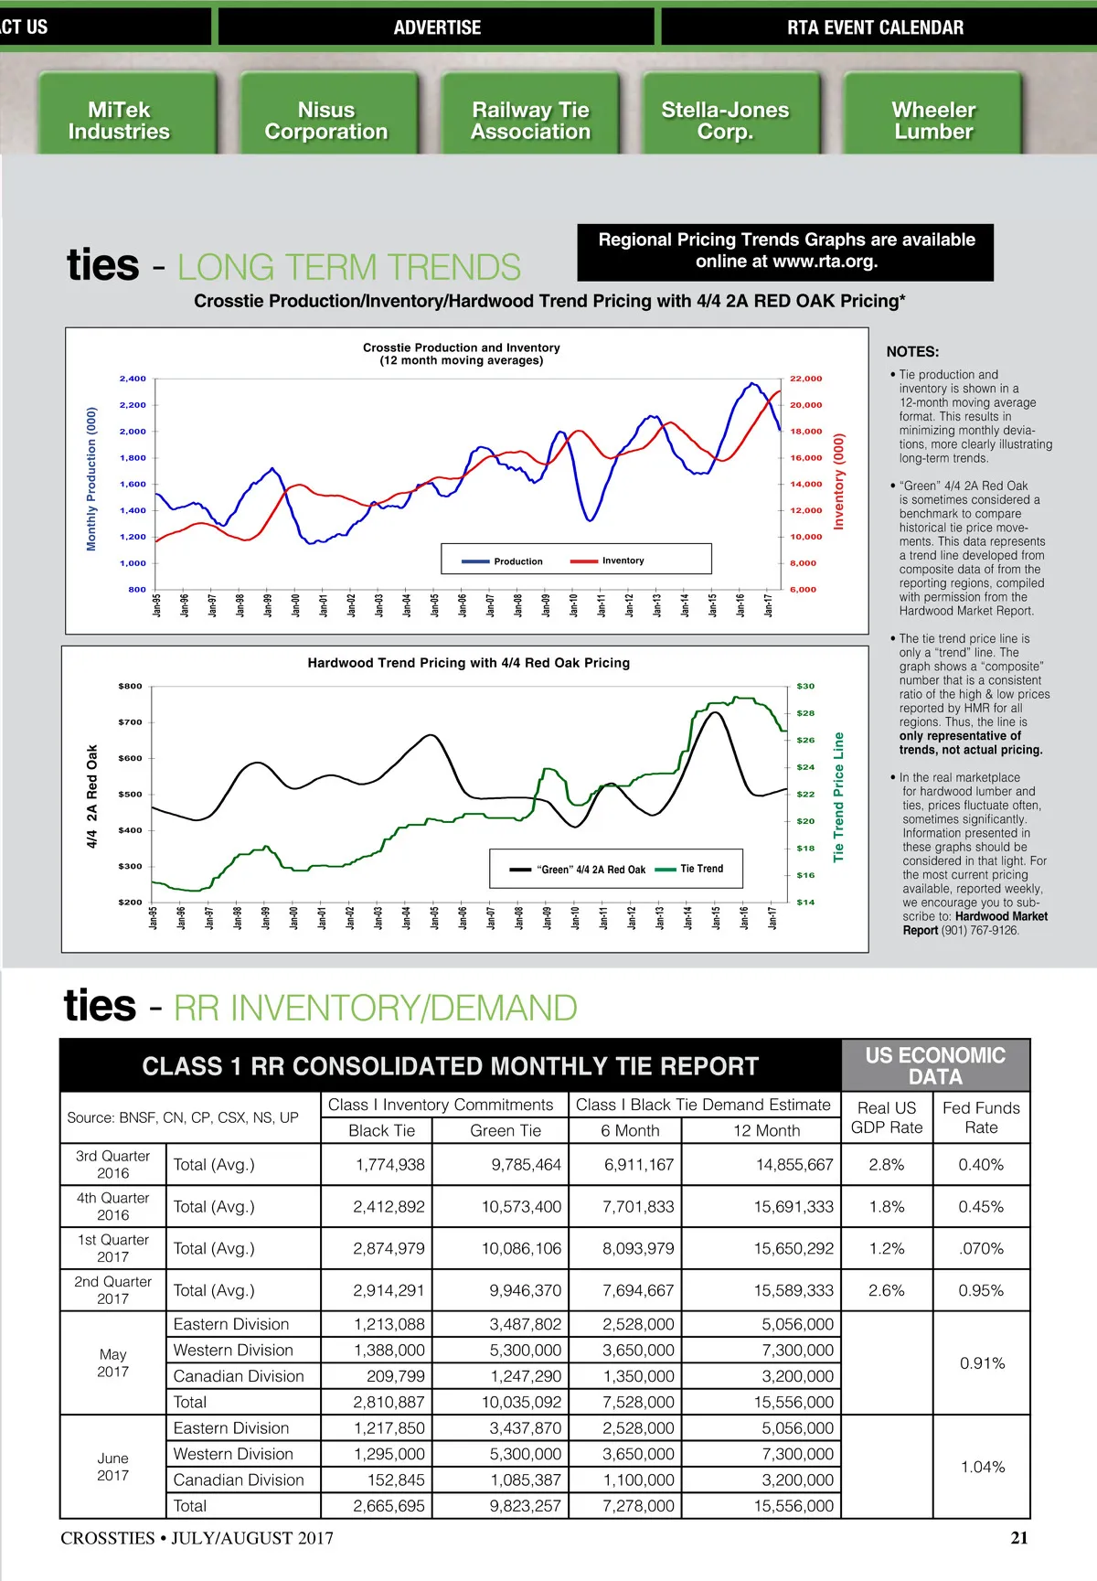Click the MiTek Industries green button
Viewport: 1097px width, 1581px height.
click(x=120, y=121)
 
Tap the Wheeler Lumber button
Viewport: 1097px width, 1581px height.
click(x=933, y=121)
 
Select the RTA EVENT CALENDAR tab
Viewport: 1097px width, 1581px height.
click(x=875, y=27)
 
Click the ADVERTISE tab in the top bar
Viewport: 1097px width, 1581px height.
click(x=437, y=27)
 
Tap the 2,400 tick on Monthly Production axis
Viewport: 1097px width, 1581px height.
click(x=133, y=379)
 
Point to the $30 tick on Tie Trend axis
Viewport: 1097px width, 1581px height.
click(x=805, y=686)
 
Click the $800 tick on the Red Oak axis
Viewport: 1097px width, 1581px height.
click(x=130, y=686)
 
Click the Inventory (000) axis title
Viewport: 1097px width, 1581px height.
click(x=838, y=482)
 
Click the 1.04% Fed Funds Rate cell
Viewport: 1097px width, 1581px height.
click(x=982, y=1467)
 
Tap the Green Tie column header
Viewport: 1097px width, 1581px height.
click(x=506, y=1131)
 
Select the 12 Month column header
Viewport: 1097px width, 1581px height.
click(x=766, y=1131)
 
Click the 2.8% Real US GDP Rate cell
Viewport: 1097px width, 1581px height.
click(x=887, y=1165)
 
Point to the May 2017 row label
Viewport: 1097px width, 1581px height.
click(x=113, y=1362)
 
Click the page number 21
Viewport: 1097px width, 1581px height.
click(x=1019, y=1538)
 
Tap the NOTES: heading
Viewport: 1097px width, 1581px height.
click(x=912, y=352)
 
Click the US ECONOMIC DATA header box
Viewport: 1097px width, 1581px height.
click(x=935, y=1066)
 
